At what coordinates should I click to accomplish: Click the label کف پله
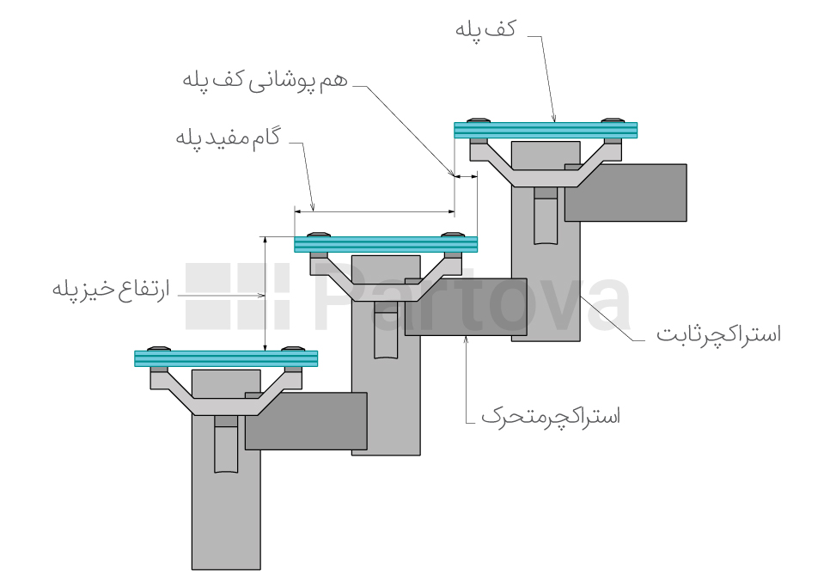pos(485,29)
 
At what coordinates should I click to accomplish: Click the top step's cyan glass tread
pos(546,130)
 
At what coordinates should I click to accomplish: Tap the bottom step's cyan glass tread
pos(226,358)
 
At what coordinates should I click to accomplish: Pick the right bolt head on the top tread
pos(613,120)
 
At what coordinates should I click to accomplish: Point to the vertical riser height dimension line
pos(266,292)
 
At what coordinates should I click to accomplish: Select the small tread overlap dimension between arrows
pos(465,177)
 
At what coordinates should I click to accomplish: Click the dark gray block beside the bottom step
pos(306,420)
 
